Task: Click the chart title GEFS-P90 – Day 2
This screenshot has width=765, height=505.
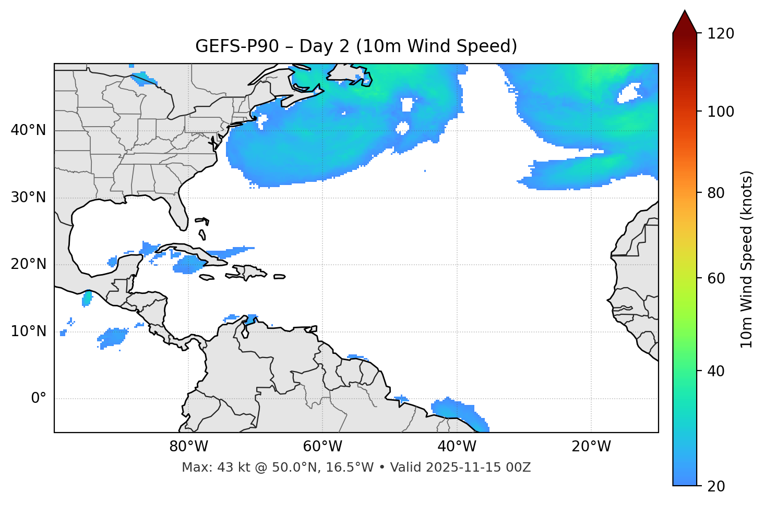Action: [x=356, y=46]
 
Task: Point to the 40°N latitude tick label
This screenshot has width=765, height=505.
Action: [x=28, y=130]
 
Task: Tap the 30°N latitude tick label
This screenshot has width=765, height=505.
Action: [x=28, y=198]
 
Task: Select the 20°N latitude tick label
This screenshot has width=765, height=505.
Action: [x=28, y=264]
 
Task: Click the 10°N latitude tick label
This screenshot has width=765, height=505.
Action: [x=28, y=331]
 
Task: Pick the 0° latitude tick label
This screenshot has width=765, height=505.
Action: [x=39, y=399]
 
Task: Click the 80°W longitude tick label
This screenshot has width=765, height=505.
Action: [x=188, y=447]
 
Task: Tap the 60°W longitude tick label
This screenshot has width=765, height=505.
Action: [x=322, y=447]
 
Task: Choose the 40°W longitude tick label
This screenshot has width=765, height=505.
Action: [x=457, y=447]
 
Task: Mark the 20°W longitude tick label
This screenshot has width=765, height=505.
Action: [x=591, y=447]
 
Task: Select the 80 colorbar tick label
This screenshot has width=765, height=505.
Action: [x=715, y=193]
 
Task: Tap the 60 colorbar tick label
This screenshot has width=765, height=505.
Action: [x=715, y=278]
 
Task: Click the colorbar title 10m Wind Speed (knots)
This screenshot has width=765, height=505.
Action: [x=747, y=259]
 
